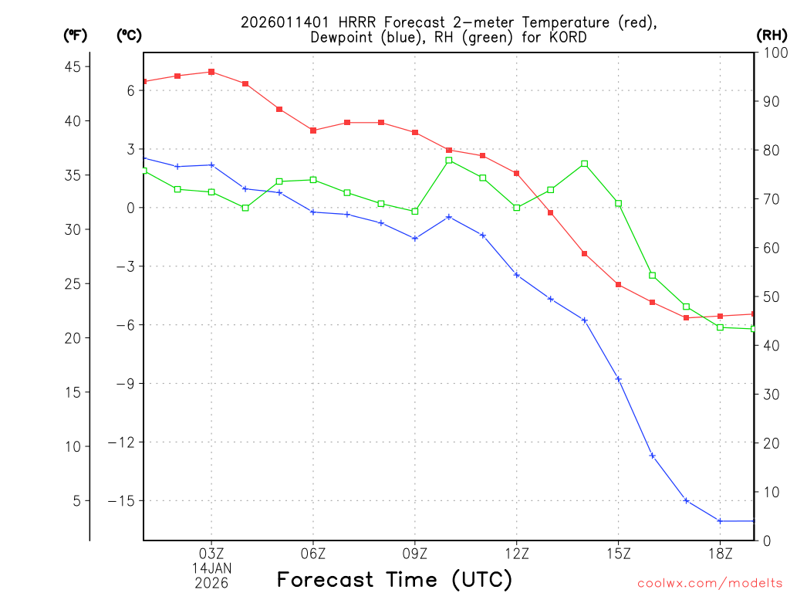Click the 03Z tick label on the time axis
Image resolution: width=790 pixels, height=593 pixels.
[x=211, y=553]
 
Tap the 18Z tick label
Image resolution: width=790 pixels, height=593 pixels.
[x=720, y=553]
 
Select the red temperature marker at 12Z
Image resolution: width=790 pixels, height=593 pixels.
[x=517, y=174]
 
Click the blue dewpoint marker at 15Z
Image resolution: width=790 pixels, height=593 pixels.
[x=618, y=379]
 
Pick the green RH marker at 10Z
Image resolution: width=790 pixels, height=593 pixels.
[x=449, y=161]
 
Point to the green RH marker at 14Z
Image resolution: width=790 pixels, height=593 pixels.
[x=585, y=164]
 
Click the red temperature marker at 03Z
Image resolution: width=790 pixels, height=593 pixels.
[x=211, y=72]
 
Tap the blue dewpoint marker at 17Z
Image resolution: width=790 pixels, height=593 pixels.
[x=686, y=501]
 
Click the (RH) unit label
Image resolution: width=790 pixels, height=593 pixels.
[x=771, y=36]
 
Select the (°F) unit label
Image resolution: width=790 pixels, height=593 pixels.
[x=76, y=36]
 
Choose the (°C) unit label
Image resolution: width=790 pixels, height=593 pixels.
[x=129, y=36]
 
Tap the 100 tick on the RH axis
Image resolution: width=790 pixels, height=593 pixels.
[x=772, y=53]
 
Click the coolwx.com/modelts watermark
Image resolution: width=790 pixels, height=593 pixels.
[x=710, y=583]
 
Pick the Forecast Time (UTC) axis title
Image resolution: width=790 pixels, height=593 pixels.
[x=394, y=579]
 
